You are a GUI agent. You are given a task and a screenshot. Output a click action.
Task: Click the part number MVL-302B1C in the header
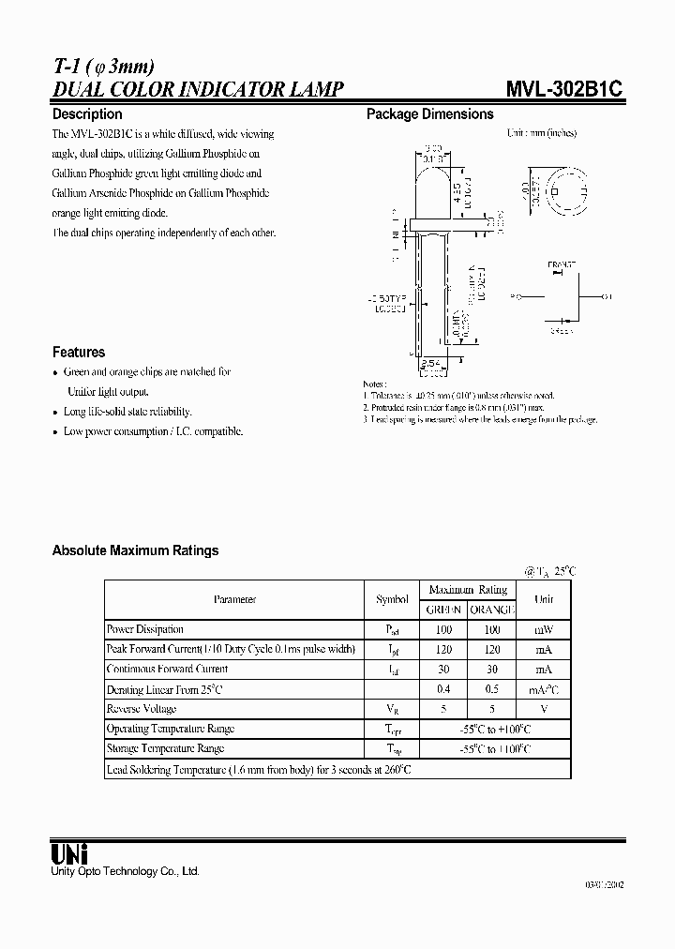click(565, 90)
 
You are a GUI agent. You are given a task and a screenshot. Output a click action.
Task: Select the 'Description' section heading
click(87, 114)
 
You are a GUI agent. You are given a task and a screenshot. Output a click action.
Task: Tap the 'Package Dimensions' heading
click(429, 114)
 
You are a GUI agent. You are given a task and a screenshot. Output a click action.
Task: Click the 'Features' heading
click(79, 352)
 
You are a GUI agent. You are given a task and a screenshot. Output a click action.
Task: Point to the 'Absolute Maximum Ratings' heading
click(135, 550)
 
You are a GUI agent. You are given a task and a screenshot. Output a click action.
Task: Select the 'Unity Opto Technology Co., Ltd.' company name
click(125, 871)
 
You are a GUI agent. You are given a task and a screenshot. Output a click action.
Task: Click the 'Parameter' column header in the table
click(233, 599)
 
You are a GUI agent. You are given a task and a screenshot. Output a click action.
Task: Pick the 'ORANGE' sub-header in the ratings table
click(493, 610)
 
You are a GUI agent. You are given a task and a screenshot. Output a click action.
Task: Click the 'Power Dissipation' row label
click(145, 629)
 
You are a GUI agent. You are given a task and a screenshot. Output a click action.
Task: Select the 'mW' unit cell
click(544, 629)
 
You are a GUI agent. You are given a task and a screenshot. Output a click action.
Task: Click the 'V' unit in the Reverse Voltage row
click(544, 709)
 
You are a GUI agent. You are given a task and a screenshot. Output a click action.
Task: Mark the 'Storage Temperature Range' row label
click(165, 748)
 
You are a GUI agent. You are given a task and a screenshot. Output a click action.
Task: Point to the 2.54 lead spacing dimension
click(428, 361)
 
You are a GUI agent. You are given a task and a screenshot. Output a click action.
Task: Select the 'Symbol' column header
click(392, 599)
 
